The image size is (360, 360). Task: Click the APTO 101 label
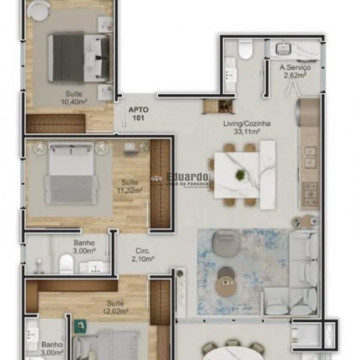tap(138, 113)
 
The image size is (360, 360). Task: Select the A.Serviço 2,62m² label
tap(293, 71)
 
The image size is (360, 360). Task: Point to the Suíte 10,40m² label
tap(75, 98)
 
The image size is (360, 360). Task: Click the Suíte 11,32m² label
tap(130, 186)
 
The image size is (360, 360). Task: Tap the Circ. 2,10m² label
tap(142, 256)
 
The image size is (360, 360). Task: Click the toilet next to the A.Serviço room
tap(245, 49)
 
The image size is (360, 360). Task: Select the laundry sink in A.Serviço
tap(295, 48)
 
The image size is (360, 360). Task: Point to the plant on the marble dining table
tap(241, 175)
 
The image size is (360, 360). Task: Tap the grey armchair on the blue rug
tap(225, 243)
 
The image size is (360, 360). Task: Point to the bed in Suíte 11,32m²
tap(72, 174)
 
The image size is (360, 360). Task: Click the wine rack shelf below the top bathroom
tap(217, 106)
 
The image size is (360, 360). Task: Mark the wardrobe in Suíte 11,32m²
tap(161, 183)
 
